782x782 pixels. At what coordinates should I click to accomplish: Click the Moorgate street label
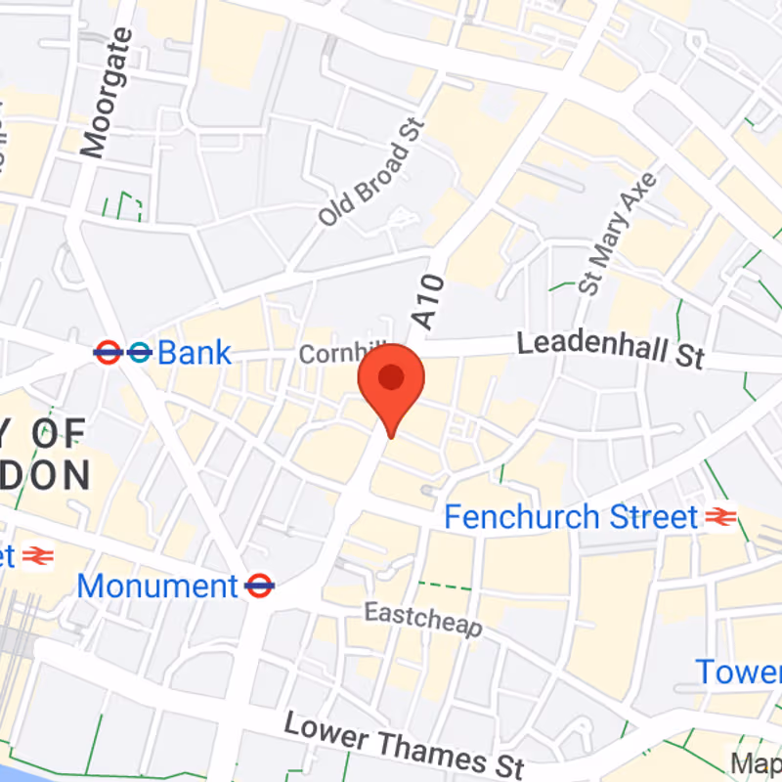point(107,93)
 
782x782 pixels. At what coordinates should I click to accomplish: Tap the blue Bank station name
point(195,353)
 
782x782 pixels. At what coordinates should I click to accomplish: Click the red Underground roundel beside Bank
point(107,353)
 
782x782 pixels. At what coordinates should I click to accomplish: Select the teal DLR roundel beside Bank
point(139,353)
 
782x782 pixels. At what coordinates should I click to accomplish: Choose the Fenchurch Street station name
point(571,516)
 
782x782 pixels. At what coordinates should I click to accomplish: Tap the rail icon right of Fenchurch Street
point(720,516)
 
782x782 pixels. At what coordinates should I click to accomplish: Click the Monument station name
point(156,586)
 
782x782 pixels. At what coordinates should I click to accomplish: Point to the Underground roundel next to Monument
point(259,586)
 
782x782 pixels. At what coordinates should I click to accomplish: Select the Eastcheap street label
point(423,620)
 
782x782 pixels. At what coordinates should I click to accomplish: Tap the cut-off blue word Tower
point(738,673)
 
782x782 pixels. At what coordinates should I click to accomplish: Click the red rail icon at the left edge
point(36,556)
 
